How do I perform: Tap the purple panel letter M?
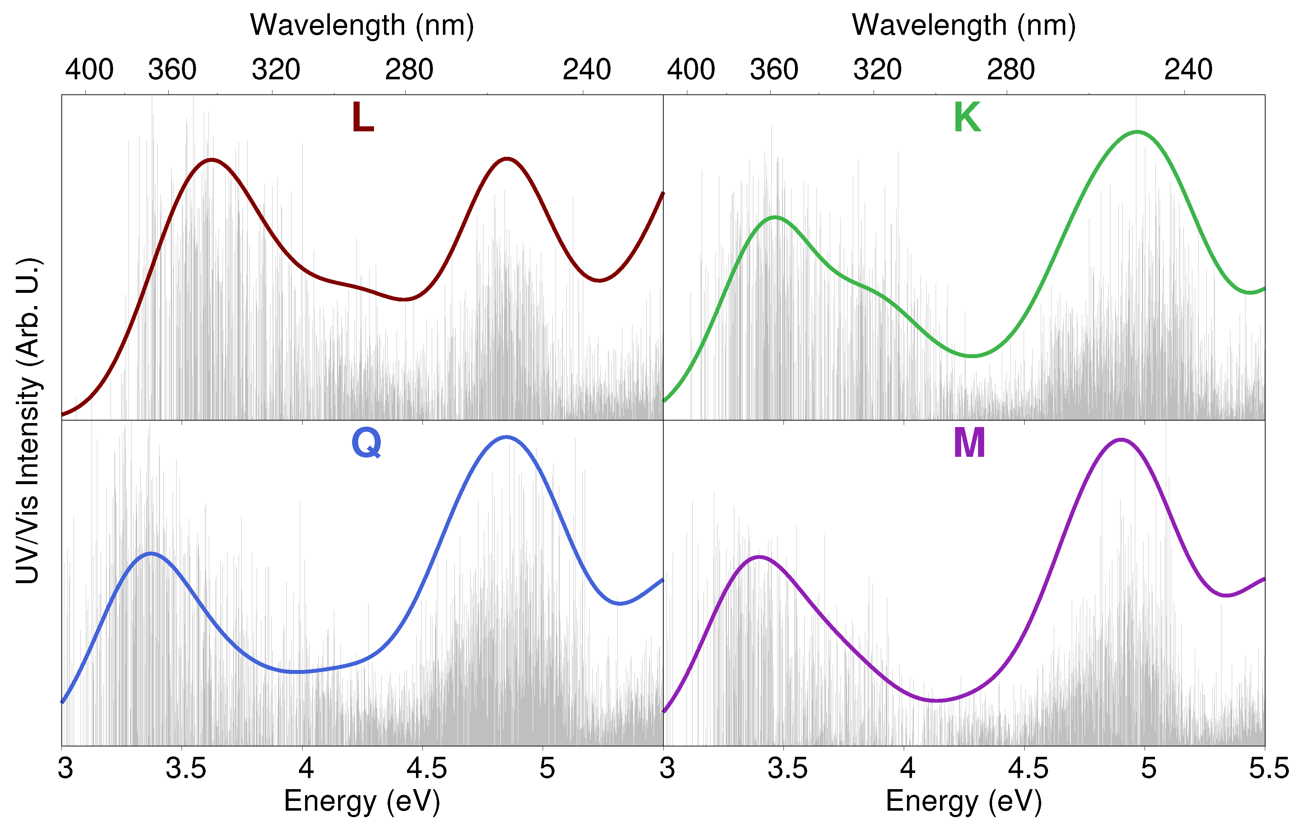(x=969, y=443)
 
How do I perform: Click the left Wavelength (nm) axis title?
(x=362, y=25)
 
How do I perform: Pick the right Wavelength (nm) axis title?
(x=964, y=25)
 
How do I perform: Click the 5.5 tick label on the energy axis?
(x=1269, y=768)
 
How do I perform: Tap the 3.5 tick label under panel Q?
(x=186, y=768)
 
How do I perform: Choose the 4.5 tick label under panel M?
(x=1028, y=768)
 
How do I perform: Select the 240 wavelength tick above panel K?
(x=1188, y=70)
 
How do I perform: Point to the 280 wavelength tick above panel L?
(x=409, y=70)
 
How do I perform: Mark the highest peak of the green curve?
(x=1137, y=131)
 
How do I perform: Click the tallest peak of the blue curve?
(x=506, y=437)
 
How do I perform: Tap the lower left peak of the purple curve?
(x=759, y=556)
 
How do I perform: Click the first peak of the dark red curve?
(x=212, y=159)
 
